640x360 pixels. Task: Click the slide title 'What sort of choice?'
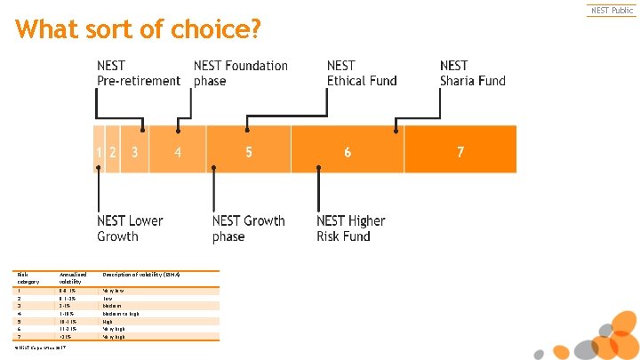click(x=138, y=30)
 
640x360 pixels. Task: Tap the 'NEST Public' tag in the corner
click(x=612, y=11)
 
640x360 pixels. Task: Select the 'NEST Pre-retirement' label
click(x=138, y=73)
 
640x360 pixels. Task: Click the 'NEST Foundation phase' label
click(x=240, y=73)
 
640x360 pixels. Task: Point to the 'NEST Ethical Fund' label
click(x=362, y=73)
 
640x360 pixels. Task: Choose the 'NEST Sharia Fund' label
click(x=472, y=73)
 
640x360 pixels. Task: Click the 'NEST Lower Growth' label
click(x=130, y=228)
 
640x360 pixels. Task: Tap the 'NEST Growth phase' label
click(x=248, y=228)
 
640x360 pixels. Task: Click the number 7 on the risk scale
click(x=460, y=152)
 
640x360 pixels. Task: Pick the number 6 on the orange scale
click(x=348, y=152)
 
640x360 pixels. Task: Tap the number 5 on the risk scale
click(x=249, y=152)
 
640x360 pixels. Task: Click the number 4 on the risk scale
click(x=178, y=152)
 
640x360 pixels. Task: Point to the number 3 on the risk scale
click(x=134, y=152)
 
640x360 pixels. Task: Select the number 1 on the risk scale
click(x=100, y=152)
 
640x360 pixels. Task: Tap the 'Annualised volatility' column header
click(x=70, y=277)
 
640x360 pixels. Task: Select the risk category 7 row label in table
click(x=19, y=337)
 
